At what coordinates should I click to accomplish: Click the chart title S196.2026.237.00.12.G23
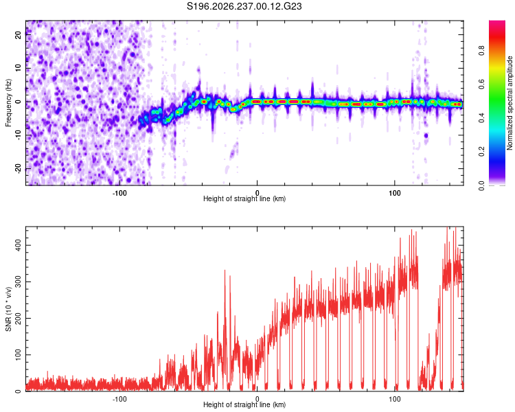244,6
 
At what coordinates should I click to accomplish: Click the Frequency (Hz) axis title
8,103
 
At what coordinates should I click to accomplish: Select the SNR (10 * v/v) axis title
8,309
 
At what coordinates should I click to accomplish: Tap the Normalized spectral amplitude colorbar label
510,103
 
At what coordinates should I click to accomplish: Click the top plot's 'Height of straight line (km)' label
244,198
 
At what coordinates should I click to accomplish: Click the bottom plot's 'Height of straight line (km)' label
244,404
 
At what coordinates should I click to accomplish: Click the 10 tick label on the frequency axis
19,69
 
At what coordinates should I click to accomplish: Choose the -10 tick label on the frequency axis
19,135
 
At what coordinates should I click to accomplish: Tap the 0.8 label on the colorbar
481,51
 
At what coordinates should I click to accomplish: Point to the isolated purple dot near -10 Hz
426,135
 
